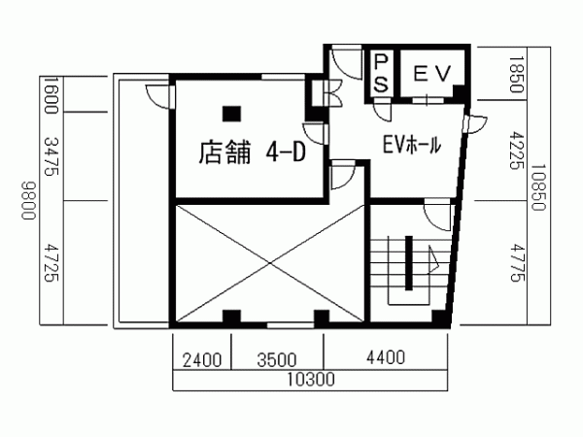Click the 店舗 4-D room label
click(x=252, y=152)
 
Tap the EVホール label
click(x=412, y=144)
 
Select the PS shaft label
click(x=381, y=73)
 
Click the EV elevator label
click(x=432, y=73)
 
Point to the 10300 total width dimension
click(x=311, y=380)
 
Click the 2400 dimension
click(x=202, y=360)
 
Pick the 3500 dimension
click(x=277, y=360)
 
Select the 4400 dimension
click(x=386, y=357)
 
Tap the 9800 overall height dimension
click(x=28, y=201)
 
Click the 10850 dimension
click(x=538, y=187)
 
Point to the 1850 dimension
click(x=516, y=74)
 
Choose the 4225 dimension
click(x=516, y=151)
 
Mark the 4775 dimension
click(x=517, y=262)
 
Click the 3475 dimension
click(x=51, y=156)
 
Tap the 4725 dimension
click(x=51, y=262)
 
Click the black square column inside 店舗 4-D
click(x=231, y=114)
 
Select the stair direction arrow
click(x=433, y=259)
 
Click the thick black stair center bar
click(x=409, y=263)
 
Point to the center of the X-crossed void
click(x=269, y=263)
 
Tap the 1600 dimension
click(x=51, y=94)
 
